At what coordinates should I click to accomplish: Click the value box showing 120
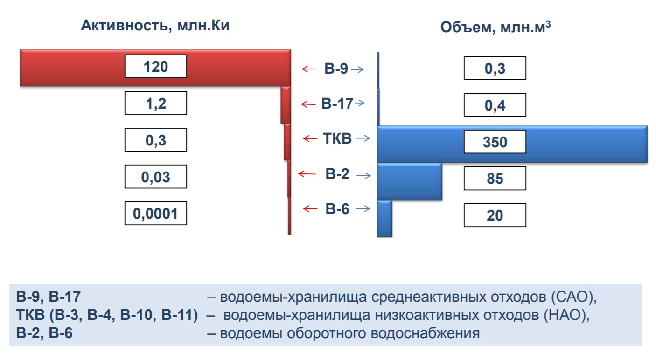coord(155,66)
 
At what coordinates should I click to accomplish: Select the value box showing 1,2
coord(155,103)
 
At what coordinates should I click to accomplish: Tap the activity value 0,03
coord(155,177)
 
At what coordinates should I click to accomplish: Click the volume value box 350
coord(495,141)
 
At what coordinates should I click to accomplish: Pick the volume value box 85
coord(495,178)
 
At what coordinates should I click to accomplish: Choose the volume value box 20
coord(495,215)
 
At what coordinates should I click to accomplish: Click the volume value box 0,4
coord(495,104)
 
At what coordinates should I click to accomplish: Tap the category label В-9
coord(336,69)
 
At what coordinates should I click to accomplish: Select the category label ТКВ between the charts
coord(337,138)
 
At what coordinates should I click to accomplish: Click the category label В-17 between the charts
coord(337,104)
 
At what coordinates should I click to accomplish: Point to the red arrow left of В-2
coord(307,174)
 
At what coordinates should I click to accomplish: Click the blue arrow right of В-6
coord(363,209)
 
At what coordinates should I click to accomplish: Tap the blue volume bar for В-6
coord(384,219)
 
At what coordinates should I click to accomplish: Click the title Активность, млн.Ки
coord(155,26)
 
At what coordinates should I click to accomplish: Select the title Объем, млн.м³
coord(495,28)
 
